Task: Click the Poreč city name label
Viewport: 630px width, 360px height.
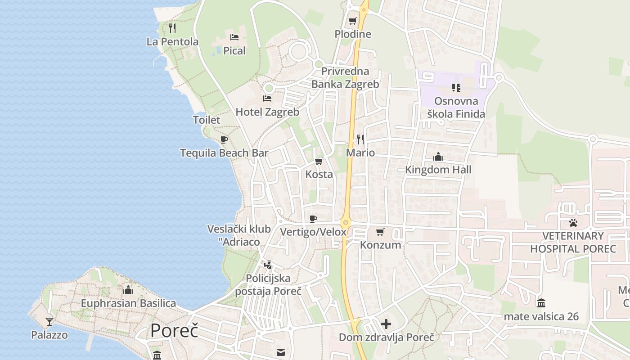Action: pyautogui.click(x=174, y=331)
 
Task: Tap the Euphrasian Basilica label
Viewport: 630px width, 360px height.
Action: pyautogui.click(x=128, y=303)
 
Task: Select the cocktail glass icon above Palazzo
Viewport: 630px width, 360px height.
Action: pyautogui.click(x=49, y=321)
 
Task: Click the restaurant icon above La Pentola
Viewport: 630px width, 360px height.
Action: pyautogui.click(x=172, y=28)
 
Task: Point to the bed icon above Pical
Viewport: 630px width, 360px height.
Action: pyautogui.click(x=234, y=37)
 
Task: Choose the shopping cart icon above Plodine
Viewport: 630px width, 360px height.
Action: pyautogui.click(x=353, y=21)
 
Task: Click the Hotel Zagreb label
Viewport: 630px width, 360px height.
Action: pyautogui.click(x=267, y=112)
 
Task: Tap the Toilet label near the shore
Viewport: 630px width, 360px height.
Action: pyautogui.click(x=207, y=120)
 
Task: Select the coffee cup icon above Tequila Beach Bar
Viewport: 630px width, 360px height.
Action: pyautogui.click(x=224, y=139)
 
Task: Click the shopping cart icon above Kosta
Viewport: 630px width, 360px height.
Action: pyautogui.click(x=319, y=161)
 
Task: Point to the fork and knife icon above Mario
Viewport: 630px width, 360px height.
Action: pyautogui.click(x=360, y=139)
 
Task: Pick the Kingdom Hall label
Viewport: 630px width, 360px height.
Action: pyautogui.click(x=438, y=170)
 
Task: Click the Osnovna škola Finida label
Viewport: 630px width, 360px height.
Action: pyautogui.click(x=456, y=108)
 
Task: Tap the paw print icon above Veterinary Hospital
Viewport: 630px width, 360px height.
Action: pyautogui.click(x=573, y=222)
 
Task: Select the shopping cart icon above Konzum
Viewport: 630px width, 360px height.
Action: pyautogui.click(x=380, y=232)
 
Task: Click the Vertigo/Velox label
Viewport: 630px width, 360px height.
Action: pyautogui.click(x=313, y=232)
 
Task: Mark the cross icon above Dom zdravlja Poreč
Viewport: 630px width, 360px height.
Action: pyautogui.click(x=386, y=324)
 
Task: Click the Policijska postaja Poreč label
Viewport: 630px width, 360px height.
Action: pyautogui.click(x=268, y=285)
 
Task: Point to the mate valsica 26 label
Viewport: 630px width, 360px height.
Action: pyautogui.click(x=541, y=316)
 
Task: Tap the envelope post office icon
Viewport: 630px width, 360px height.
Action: pyautogui.click(x=281, y=352)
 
